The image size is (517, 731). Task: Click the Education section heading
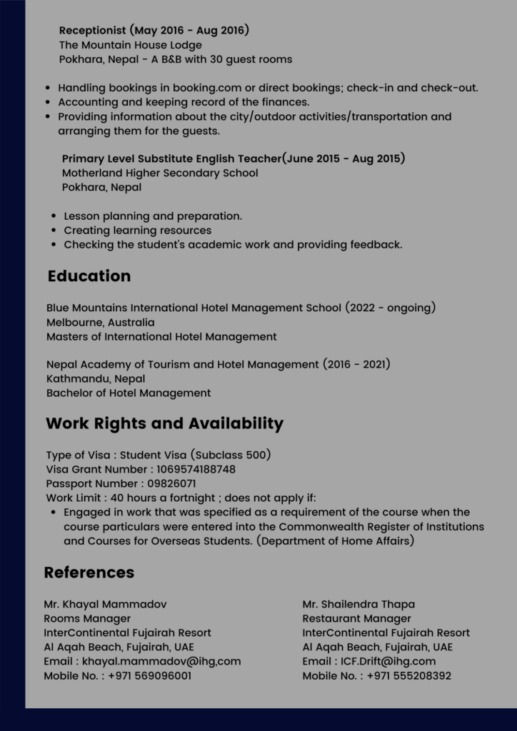click(89, 276)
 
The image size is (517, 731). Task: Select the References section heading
click(89, 573)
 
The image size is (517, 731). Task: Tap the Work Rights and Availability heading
click(164, 423)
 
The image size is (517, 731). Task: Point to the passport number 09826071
click(171, 483)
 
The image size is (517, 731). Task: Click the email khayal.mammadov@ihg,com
click(161, 661)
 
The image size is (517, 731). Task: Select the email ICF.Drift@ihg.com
click(388, 661)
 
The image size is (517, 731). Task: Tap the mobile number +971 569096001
click(150, 675)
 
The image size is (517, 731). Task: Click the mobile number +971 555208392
click(409, 675)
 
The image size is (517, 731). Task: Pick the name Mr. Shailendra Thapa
click(358, 604)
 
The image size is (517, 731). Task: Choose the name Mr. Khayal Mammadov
click(105, 604)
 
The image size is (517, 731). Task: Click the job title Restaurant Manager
click(356, 618)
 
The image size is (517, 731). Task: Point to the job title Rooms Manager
click(87, 618)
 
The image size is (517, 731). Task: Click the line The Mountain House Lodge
click(130, 45)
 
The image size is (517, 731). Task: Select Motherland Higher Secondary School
click(160, 173)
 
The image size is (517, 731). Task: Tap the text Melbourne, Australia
click(100, 322)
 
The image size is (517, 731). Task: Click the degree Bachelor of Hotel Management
click(129, 393)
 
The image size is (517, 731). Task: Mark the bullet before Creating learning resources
click(54, 231)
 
